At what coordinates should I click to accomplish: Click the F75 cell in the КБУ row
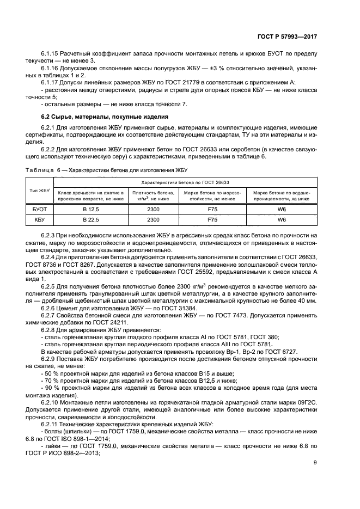point(212,219)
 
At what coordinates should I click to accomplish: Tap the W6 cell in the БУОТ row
point(282,209)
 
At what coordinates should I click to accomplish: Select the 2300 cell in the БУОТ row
point(153,209)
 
